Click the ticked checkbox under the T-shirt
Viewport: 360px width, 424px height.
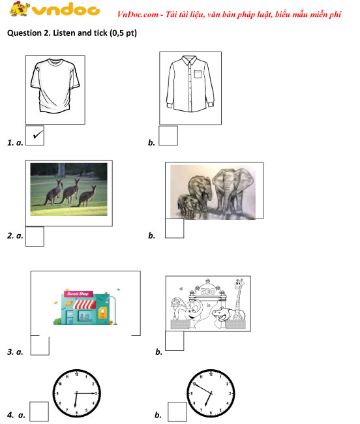click(x=35, y=136)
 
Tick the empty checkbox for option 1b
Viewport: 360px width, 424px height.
click(x=168, y=136)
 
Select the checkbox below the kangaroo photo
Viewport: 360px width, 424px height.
click(x=35, y=236)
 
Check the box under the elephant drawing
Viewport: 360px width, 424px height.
click(x=175, y=228)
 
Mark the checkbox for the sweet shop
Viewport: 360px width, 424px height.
click(x=40, y=345)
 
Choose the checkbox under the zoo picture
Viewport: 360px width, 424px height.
click(x=175, y=341)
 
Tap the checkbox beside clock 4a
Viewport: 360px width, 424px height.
click(x=39, y=412)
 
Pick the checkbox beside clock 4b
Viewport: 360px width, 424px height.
click(x=177, y=412)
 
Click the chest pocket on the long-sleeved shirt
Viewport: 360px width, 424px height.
click(x=198, y=74)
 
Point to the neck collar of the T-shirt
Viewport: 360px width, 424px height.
click(x=55, y=62)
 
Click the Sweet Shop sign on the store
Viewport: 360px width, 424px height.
click(x=78, y=294)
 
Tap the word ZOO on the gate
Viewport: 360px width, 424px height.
click(x=208, y=292)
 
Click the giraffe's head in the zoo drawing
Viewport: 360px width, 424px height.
click(x=239, y=284)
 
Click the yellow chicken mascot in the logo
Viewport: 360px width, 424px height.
click(x=19, y=9)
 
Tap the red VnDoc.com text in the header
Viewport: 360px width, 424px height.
click(x=138, y=14)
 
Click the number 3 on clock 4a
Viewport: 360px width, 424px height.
click(x=97, y=393)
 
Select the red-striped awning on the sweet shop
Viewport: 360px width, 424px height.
click(x=84, y=304)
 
